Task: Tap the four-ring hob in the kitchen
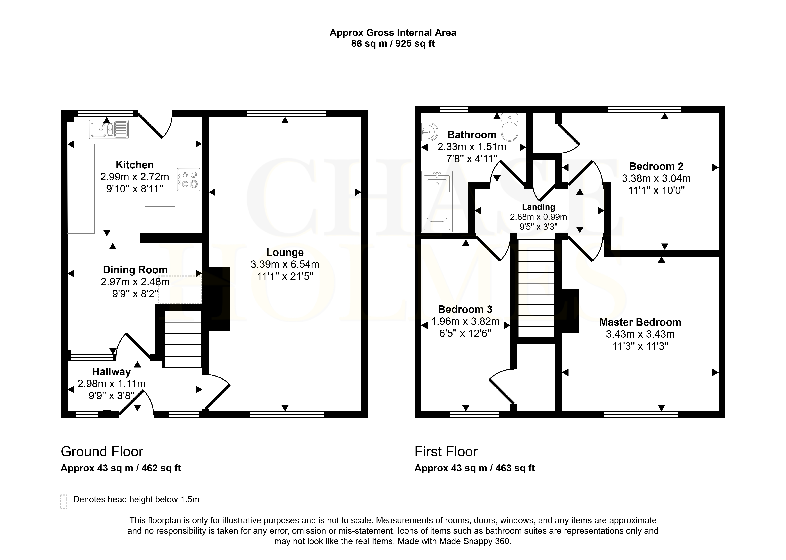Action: point(188,179)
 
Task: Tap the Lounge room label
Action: point(285,252)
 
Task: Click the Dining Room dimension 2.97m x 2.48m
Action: point(135,282)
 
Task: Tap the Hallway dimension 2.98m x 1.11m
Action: point(111,384)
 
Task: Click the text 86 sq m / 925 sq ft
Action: point(393,44)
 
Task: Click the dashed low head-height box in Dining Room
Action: point(180,290)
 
